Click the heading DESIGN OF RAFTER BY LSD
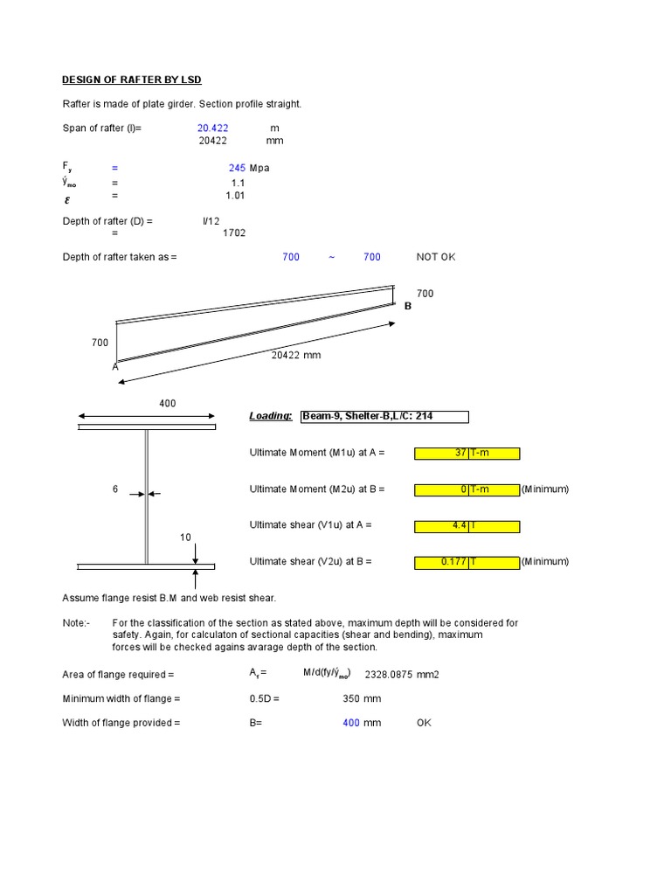[x=131, y=80]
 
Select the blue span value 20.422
[x=212, y=128]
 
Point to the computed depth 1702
[x=234, y=233]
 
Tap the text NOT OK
[x=436, y=257]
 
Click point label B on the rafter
[x=407, y=306]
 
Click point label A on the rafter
[x=114, y=368]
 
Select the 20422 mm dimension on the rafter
[x=295, y=356]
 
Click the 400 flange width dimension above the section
[x=167, y=404]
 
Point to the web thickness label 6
[x=114, y=490]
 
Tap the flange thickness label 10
[x=185, y=538]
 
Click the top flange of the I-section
[x=147, y=427]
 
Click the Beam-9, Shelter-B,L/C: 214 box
[x=384, y=417]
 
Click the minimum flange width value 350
[x=351, y=699]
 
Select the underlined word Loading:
[x=271, y=417]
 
